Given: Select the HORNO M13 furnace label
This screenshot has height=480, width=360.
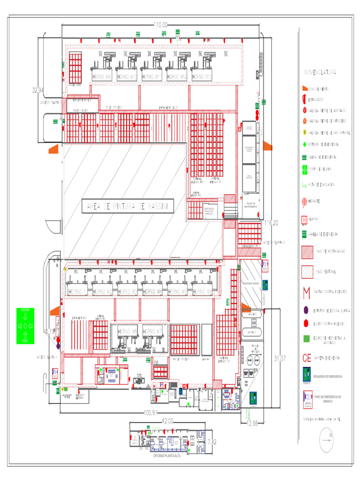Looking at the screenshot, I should [x=202, y=76].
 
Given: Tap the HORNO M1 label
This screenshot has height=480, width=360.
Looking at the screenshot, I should [x=78, y=292].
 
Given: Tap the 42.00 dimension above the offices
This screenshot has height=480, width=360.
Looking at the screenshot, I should [x=167, y=420].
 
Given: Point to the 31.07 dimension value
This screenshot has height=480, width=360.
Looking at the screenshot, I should [x=279, y=359].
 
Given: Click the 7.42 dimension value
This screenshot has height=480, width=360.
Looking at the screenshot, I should [x=211, y=442].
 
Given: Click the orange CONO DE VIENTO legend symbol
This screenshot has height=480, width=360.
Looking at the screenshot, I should [x=304, y=88].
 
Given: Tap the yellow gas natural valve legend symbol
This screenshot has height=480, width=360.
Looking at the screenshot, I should [x=305, y=133].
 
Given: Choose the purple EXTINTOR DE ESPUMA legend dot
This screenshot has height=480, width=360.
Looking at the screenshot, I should [x=306, y=310].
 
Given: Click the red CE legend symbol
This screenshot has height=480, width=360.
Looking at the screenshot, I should [x=307, y=358].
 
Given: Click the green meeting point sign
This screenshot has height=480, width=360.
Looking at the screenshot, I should [x=25, y=325].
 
